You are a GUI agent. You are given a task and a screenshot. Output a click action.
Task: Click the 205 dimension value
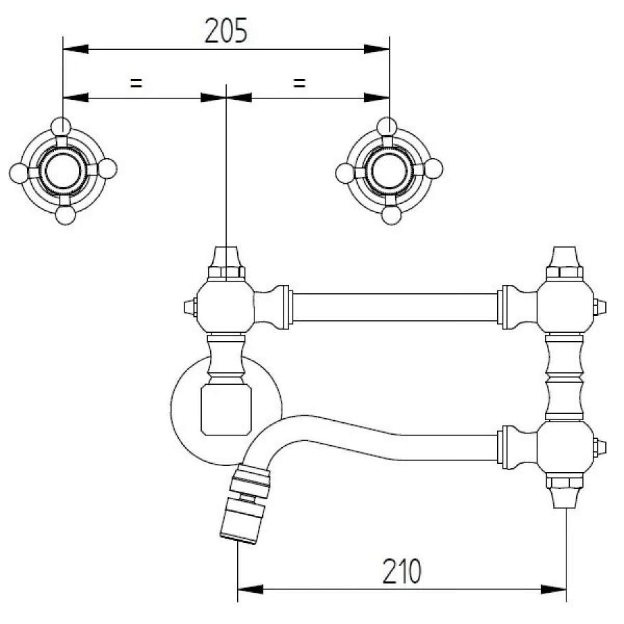tap(226, 31)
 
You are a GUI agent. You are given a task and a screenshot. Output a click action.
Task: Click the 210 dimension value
tap(401, 571)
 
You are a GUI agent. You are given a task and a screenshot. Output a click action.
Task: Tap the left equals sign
tap(136, 83)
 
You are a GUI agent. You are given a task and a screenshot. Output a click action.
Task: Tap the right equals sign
tap(300, 83)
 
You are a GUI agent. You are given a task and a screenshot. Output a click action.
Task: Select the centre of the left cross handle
tap(63, 171)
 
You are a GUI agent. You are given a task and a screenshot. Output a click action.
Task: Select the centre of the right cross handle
tap(389, 171)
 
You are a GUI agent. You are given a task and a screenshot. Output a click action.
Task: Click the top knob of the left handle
tap(61, 127)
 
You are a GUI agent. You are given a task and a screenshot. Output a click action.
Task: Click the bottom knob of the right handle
tap(391, 216)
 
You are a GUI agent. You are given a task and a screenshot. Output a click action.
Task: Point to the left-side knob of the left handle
tap(19, 173)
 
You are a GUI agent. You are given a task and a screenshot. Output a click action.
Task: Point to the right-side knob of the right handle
tap(433, 168)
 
